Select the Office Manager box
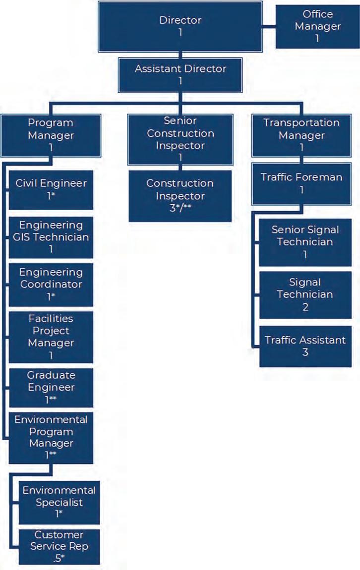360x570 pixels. pos(317,26)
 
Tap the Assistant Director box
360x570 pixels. pos(180,74)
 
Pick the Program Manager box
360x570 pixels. pos(51,135)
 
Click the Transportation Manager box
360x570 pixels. pos(301,135)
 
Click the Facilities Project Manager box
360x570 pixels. pos(51,337)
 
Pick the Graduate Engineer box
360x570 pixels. pos(51,387)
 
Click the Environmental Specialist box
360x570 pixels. pos(59,502)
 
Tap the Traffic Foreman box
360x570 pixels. pos(301,183)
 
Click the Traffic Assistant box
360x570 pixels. pos(305,346)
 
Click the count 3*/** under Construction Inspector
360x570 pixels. pos(180,209)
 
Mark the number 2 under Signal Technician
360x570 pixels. pos(305,307)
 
